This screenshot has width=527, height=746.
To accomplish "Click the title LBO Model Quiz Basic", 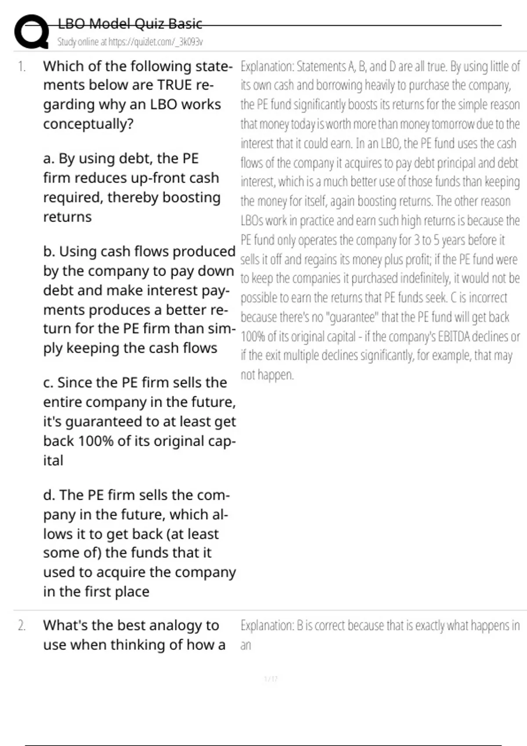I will pyautogui.click(x=130, y=24).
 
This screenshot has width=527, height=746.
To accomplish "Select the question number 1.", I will pyautogui.click(x=22, y=67).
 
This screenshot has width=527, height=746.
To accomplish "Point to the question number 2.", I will pyautogui.click(x=22, y=626).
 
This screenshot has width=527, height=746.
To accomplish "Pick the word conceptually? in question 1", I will pyautogui.click(x=88, y=124).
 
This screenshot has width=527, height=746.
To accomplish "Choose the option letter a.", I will pyautogui.click(x=48, y=158).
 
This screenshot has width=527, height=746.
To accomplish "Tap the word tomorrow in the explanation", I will pyautogui.click(x=453, y=124).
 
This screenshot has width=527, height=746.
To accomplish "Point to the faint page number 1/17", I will pyautogui.click(x=271, y=679).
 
